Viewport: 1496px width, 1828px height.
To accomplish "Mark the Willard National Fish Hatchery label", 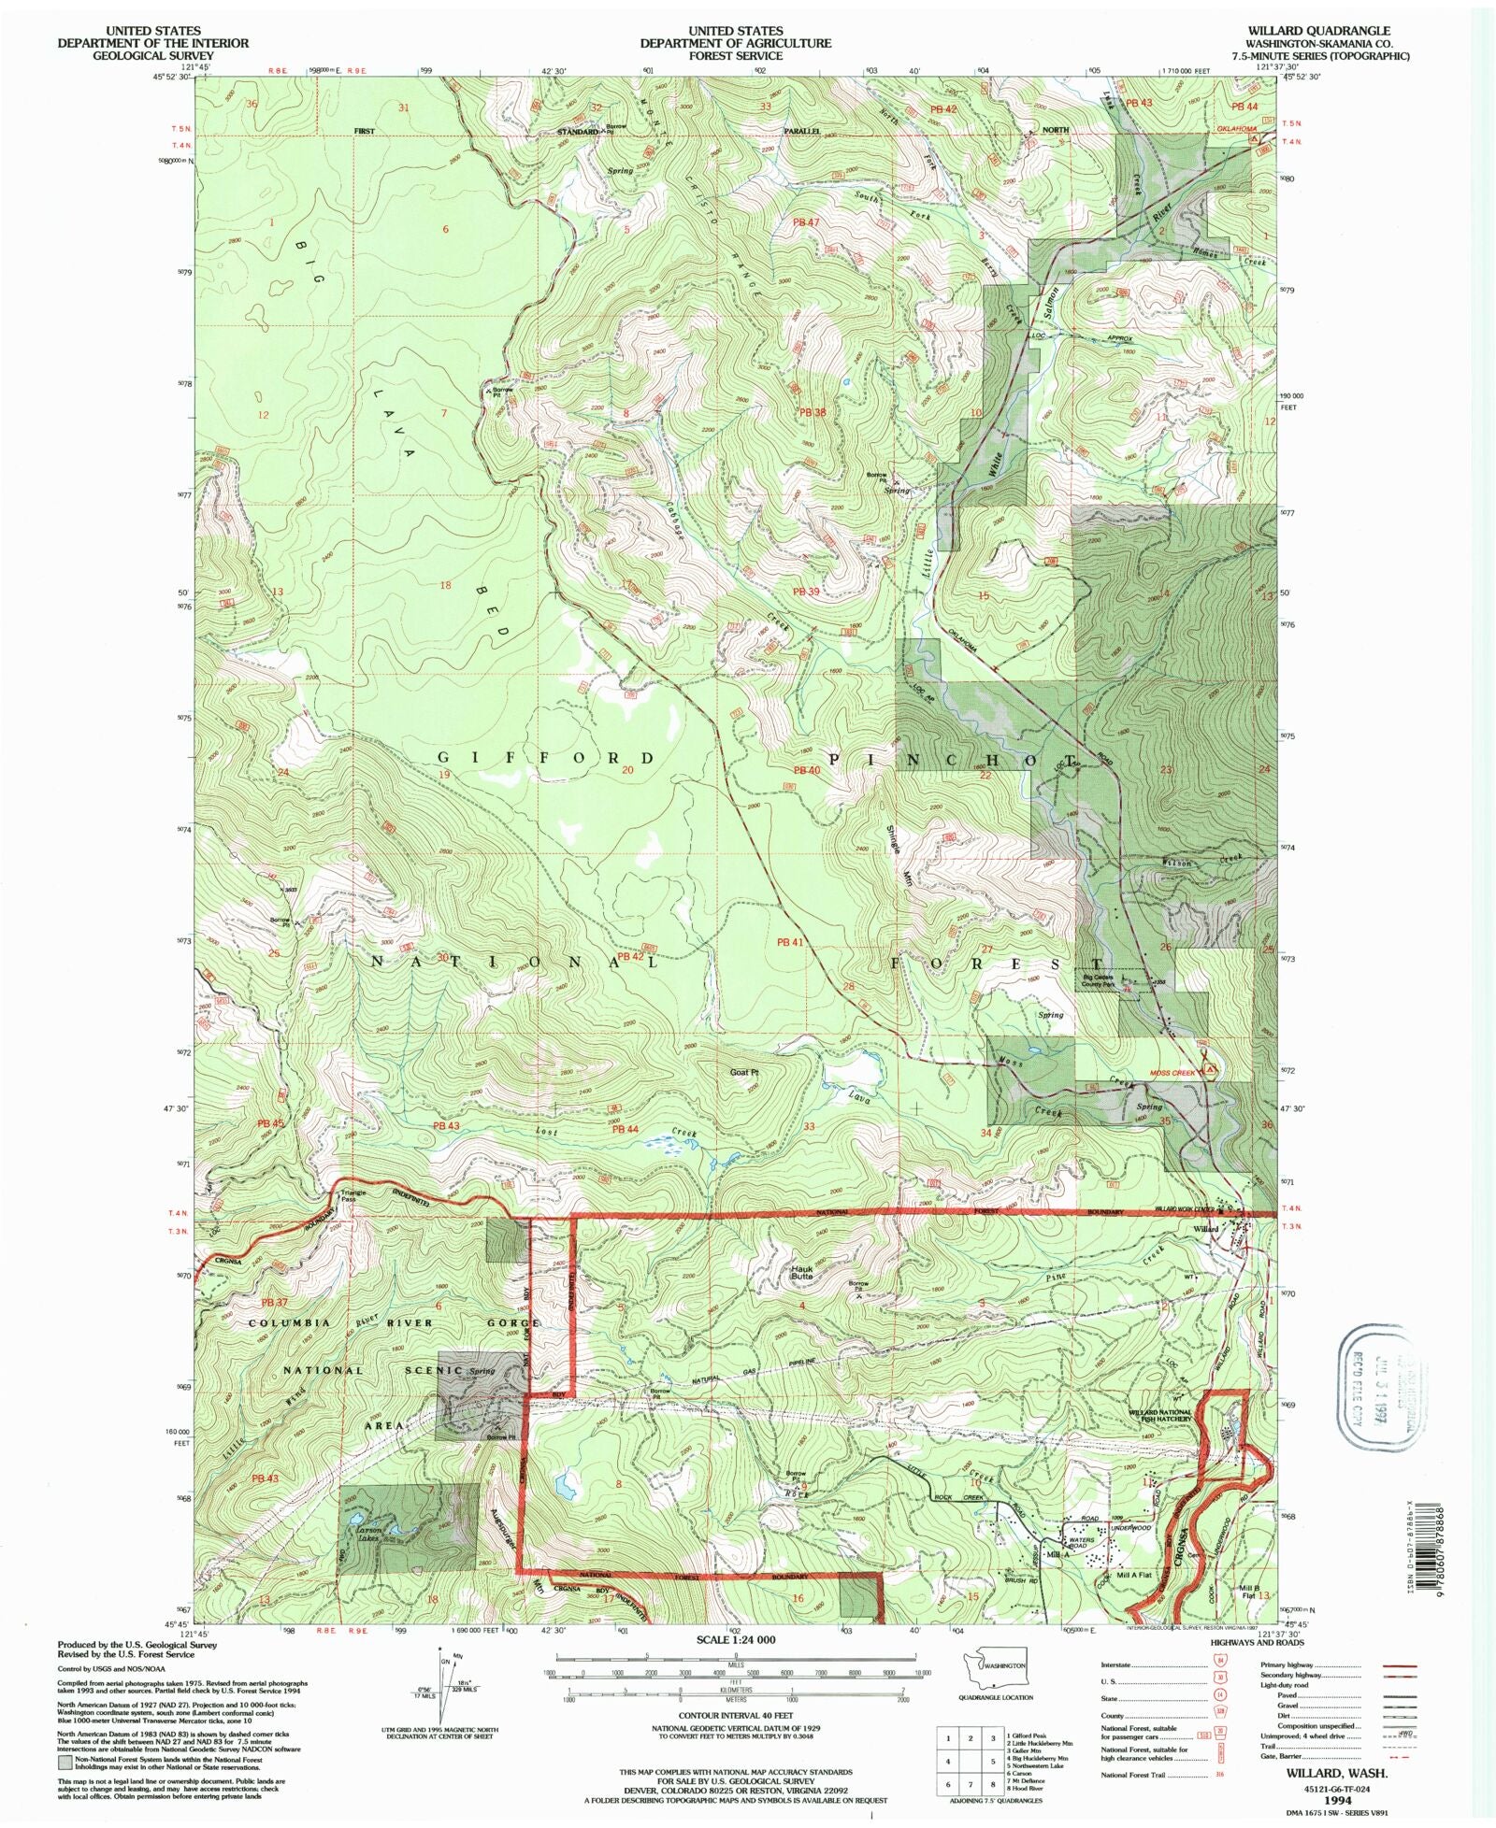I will tap(1159, 1415).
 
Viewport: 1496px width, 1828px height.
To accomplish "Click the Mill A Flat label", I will tap(1135, 1575).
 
